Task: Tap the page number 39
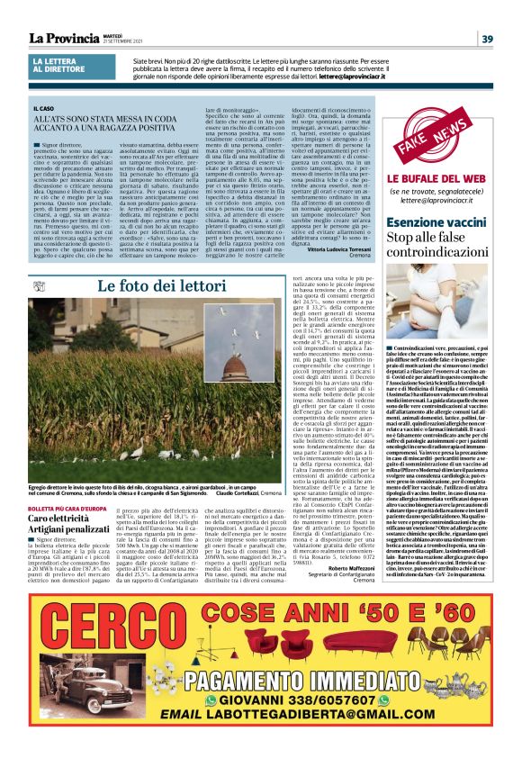tap(486, 38)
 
